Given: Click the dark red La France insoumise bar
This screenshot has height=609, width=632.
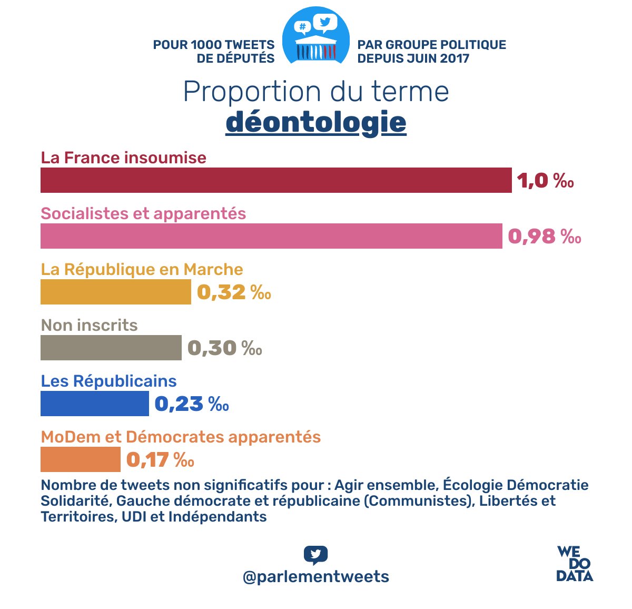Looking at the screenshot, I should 276,180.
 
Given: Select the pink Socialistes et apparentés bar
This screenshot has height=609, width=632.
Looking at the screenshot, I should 271,236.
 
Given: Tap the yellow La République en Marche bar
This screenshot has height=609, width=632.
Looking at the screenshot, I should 116,292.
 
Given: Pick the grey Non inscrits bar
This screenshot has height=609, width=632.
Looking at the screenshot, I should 111,348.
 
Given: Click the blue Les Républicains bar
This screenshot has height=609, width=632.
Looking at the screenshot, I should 95,404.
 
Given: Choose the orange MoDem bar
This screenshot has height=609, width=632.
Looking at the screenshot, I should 81,459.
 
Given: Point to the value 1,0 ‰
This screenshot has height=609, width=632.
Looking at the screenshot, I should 545,181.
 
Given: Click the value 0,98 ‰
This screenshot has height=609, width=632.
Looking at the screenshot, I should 545,237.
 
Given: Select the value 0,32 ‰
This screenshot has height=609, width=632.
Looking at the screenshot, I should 234,292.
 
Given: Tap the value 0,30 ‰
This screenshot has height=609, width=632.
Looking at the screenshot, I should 225,348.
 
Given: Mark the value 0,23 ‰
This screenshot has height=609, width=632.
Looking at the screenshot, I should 192,404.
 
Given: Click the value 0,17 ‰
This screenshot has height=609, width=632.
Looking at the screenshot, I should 160,460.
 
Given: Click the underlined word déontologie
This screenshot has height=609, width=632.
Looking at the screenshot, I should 316,122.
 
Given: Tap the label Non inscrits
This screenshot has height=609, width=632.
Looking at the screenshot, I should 89,325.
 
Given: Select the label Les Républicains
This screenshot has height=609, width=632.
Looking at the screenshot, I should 108,381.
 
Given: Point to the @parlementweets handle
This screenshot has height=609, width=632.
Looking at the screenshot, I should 316,576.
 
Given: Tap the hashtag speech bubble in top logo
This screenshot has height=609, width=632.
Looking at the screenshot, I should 302,27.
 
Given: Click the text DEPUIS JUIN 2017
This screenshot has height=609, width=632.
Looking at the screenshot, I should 413,58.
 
